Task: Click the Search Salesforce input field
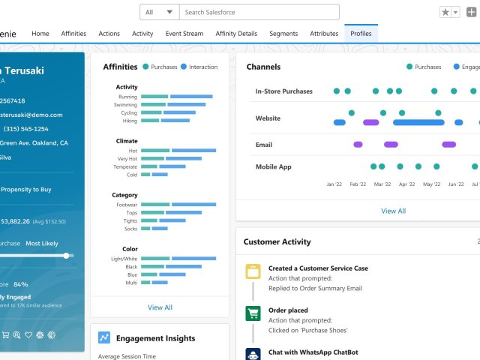click(x=259, y=12)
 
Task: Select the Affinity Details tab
click(x=236, y=34)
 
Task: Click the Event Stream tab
click(x=184, y=34)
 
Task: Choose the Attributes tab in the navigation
click(x=324, y=34)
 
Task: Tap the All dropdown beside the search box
click(x=159, y=12)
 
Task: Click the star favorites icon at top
click(x=445, y=13)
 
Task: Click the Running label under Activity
click(x=127, y=97)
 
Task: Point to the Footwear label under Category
click(x=127, y=205)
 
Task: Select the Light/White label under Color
click(x=124, y=258)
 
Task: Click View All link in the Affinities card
click(x=160, y=307)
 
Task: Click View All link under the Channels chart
click(x=393, y=211)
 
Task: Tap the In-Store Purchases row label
click(x=283, y=91)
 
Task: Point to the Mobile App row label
click(x=273, y=166)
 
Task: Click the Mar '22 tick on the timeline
click(x=382, y=184)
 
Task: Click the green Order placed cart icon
click(x=253, y=314)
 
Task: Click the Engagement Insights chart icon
click(x=104, y=338)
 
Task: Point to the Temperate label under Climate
click(x=125, y=166)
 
